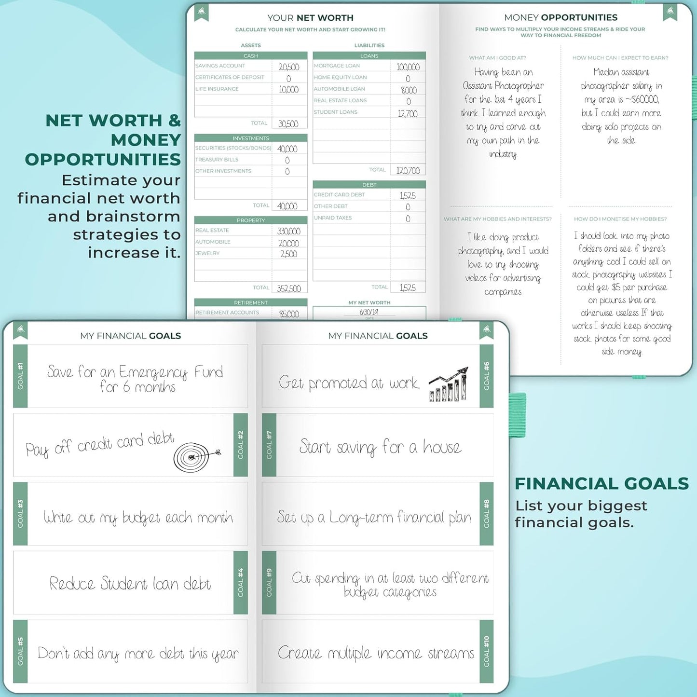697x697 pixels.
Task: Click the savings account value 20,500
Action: pyautogui.click(x=289, y=67)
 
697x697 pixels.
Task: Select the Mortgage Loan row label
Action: pyautogui.click(x=337, y=66)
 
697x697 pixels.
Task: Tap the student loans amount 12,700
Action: pyautogui.click(x=408, y=113)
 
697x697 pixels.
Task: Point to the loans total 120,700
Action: pyautogui.click(x=408, y=170)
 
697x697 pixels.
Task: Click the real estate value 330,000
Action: pyautogui.click(x=288, y=231)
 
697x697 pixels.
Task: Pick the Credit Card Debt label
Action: pyautogui.click(x=339, y=195)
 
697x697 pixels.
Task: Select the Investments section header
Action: pyautogui.click(x=250, y=138)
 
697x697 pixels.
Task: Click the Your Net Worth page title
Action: pyautogui.click(x=310, y=18)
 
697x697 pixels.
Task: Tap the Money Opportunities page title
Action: pyautogui.click(x=560, y=18)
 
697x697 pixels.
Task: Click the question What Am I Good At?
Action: pyautogui.click(x=497, y=58)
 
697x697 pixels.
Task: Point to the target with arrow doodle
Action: pyautogui.click(x=195, y=456)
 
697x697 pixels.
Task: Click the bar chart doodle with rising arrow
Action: pyautogui.click(x=449, y=384)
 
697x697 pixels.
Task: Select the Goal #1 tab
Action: pyautogui.click(x=20, y=376)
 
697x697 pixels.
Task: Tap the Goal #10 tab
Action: pyautogui.click(x=486, y=651)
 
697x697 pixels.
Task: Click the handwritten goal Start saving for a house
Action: pyautogui.click(x=380, y=447)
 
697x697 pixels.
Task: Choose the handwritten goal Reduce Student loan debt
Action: pyautogui.click(x=130, y=584)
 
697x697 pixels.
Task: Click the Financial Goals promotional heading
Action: pyautogui.click(x=601, y=483)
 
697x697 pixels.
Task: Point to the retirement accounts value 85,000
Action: pyautogui.click(x=289, y=314)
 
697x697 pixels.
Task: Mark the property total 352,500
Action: pyautogui.click(x=288, y=288)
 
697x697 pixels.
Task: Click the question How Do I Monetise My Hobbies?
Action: pyautogui.click(x=620, y=219)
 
